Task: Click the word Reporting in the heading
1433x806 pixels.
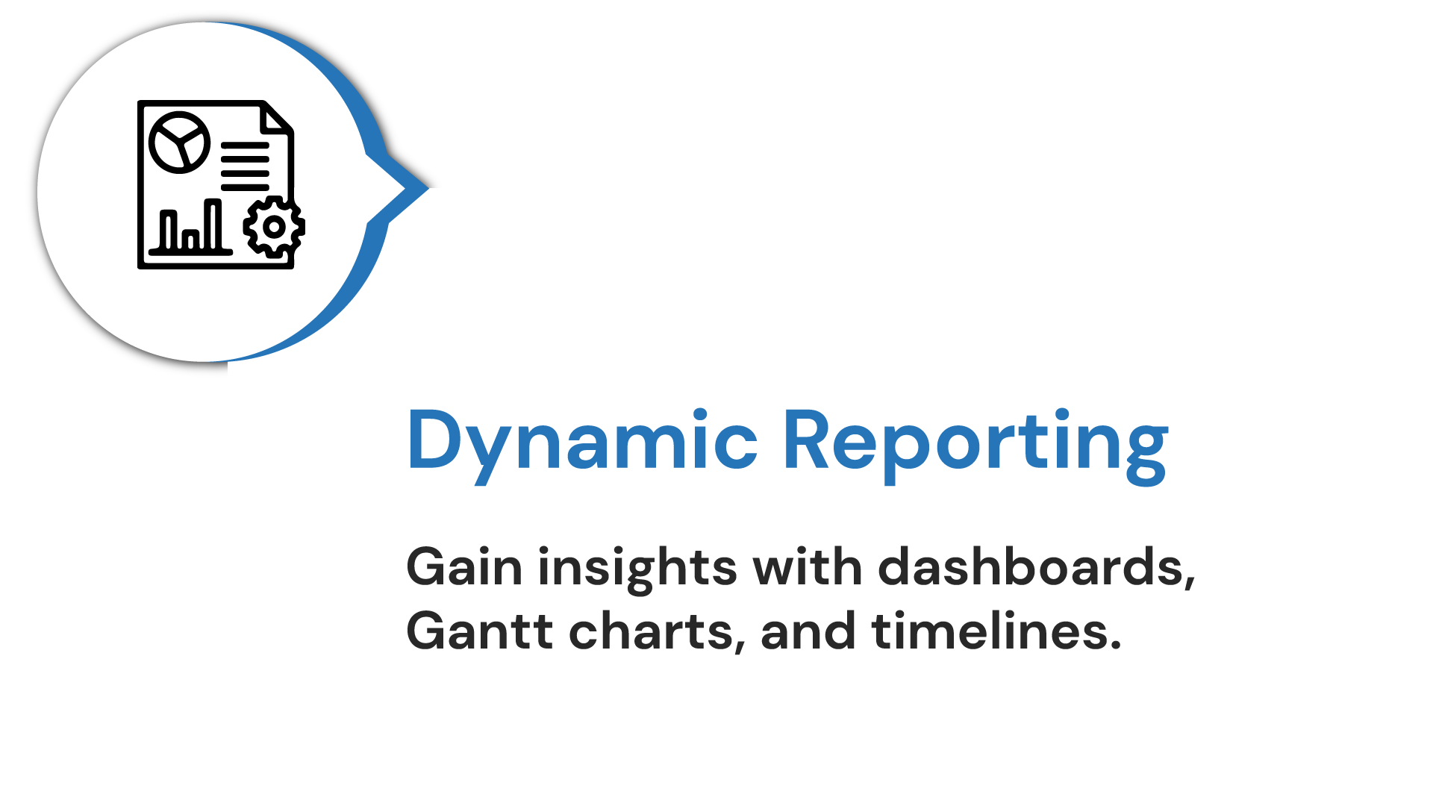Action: (975, 446)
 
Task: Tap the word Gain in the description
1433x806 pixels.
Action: (464, 567)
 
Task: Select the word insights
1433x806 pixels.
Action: (637, 569)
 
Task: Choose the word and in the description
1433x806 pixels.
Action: (808, 631)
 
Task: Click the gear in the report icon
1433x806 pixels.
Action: (274, 227)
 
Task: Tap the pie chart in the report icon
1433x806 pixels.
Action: (179, 142)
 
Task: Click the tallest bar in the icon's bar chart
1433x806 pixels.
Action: (213, 225)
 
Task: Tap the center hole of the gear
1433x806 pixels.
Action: (274, 227)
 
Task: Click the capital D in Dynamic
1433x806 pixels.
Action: (436, 440)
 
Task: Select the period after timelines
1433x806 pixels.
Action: (1115, 646)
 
